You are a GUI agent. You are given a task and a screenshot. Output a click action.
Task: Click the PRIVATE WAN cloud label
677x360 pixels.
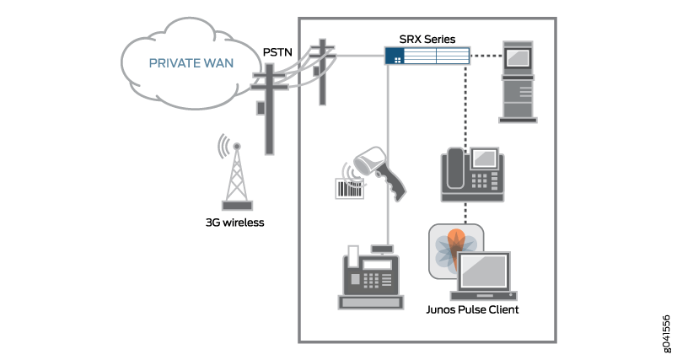pos(191,62)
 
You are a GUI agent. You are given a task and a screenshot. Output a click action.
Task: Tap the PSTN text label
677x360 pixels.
pos(277,52)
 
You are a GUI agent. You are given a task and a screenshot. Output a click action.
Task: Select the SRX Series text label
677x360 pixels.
pos(427,39)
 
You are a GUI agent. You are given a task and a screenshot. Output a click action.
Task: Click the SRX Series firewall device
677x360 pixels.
pos(427,56)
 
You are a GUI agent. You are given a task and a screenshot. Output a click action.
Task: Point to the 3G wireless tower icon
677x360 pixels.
pos(236,177)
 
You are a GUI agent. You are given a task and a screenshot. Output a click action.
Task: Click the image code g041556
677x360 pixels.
pos(666,333)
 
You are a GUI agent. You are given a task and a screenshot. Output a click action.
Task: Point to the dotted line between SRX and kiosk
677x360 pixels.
pos(485,56)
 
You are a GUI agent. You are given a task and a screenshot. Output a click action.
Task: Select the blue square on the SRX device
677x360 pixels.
pos(395,56)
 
